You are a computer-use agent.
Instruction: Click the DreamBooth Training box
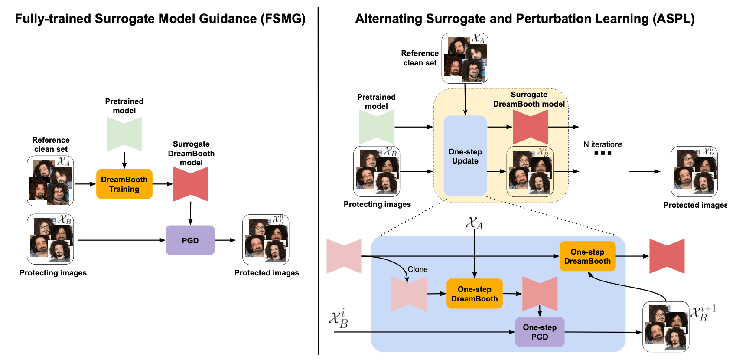124,184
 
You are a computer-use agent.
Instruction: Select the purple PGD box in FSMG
190,240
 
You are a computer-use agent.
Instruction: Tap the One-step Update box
465,156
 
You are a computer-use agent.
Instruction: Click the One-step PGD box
540,332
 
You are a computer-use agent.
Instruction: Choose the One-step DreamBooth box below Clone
474,294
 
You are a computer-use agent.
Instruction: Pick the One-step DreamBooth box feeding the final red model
587,256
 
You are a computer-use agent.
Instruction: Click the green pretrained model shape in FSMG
124,134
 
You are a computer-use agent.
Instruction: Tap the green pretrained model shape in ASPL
377,127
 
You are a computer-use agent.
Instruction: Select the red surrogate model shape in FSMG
191,184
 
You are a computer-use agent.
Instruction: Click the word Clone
417,269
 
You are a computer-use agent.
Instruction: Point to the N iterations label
602,144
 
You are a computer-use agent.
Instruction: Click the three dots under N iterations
602,153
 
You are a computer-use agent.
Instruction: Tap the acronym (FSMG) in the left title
283,19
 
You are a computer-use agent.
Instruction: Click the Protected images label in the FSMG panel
267,273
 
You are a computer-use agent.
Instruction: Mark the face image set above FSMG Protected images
266,239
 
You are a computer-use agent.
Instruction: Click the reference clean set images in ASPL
465,58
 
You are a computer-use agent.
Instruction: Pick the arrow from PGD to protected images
225,240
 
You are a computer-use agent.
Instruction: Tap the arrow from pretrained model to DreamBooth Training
124,160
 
